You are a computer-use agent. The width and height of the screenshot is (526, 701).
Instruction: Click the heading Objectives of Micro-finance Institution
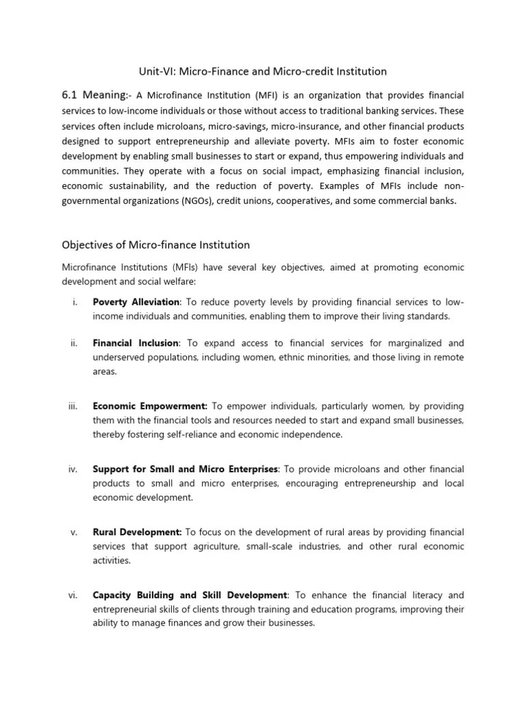[x=155, y=244]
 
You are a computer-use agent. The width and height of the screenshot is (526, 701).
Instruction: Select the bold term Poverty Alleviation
[x=136, y=303]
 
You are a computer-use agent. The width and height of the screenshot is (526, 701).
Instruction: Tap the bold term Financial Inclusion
[x=135, y=343]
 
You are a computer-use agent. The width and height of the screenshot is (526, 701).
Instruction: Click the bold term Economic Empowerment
[x=150, y=406]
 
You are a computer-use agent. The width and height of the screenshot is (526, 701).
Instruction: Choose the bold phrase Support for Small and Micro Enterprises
[x=185, y=469]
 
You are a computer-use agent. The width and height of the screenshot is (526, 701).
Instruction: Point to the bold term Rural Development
[x=137, y=532]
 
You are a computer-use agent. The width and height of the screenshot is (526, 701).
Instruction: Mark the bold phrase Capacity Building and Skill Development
[x=190, y=595]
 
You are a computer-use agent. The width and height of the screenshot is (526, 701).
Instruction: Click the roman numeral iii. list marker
[x=73, y=406]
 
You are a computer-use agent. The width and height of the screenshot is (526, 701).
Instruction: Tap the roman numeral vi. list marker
[x=73, y=595]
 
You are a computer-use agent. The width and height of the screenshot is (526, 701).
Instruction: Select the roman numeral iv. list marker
[x=73, y=469]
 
